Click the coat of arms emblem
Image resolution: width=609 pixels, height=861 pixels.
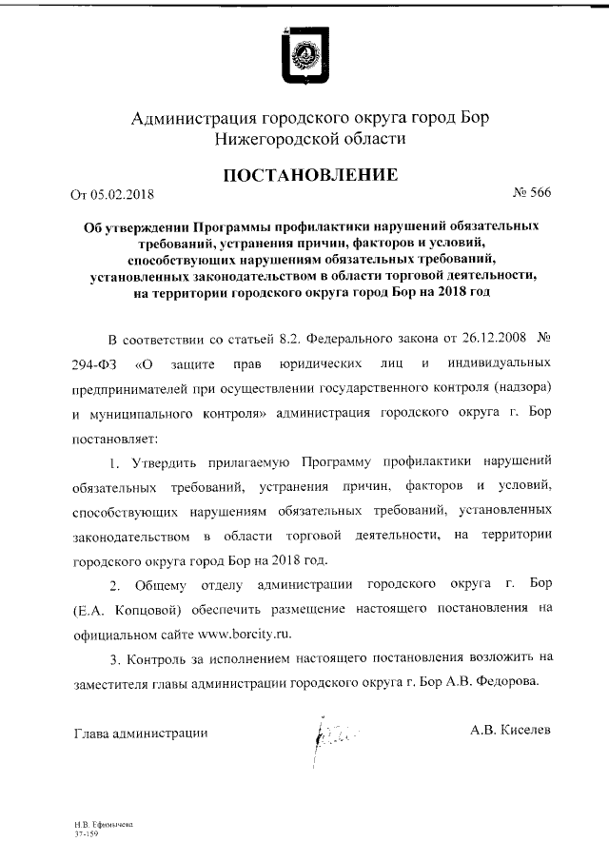pyautogui.click(x=304, y=56)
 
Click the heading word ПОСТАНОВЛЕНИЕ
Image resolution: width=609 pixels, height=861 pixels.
pyautogui.click(x=304, y=175)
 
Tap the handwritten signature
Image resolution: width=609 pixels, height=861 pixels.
pyautogui.click(x=324, y=734)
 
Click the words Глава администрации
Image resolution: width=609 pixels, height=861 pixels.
pyautogui.click(x=139, y=733)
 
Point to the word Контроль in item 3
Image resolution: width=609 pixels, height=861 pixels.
pyautogui.click(x=157, y=656)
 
